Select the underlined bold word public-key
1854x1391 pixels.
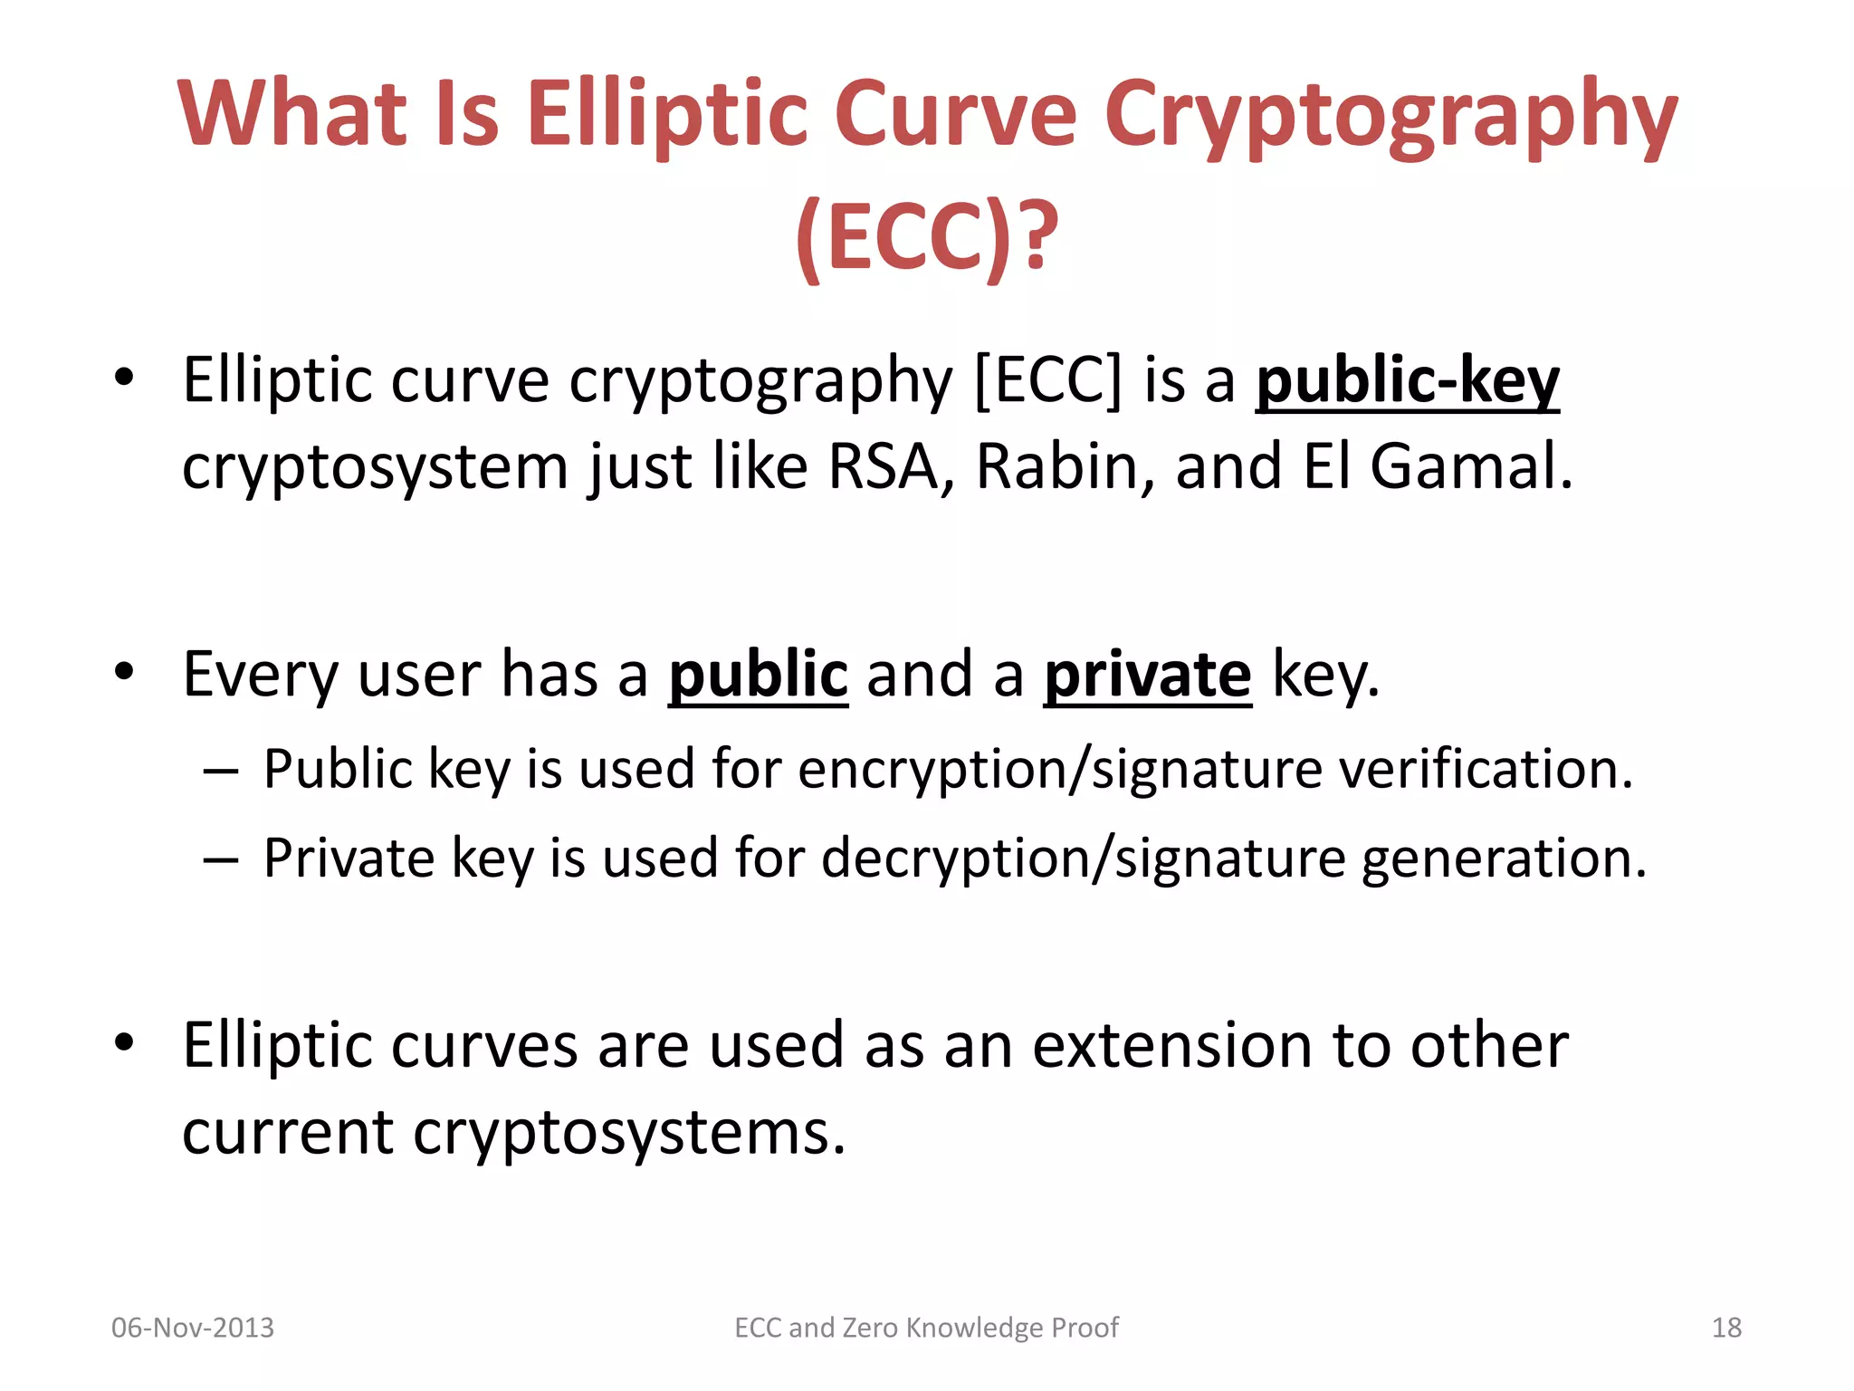(1407, 380)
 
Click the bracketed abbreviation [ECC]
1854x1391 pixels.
(1047, 380)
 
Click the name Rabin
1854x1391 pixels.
(1056, 467)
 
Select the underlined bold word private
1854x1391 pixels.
(1147, 675)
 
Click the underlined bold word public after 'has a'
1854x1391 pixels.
(758, 675)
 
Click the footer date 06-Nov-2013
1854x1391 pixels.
(192, 1328)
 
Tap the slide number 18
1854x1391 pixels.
(1726, 1328)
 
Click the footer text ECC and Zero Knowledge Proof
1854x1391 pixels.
(926, 1328)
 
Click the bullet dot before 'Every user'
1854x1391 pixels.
(124, 672)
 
